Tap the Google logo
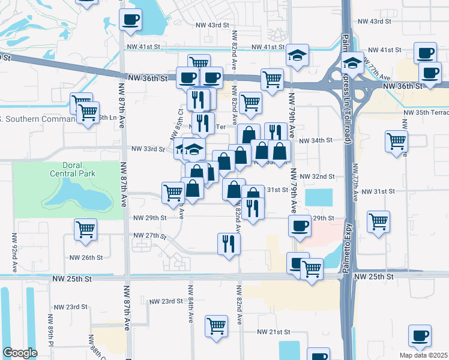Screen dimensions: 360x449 point(20,352)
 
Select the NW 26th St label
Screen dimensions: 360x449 point(86,257)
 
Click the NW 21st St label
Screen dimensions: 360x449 point(274,332)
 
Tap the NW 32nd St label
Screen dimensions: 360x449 point(318,177)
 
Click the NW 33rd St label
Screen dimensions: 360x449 point(148,149)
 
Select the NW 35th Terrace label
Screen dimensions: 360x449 point(426,112)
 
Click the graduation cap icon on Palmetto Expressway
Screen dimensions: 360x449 point(353,61)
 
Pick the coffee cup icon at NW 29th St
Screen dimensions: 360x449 point(300,226)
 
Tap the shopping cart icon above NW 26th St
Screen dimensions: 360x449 point(85,228)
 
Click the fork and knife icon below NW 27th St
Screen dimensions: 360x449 point(228,243)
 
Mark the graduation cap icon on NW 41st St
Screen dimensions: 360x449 point(297,55)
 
